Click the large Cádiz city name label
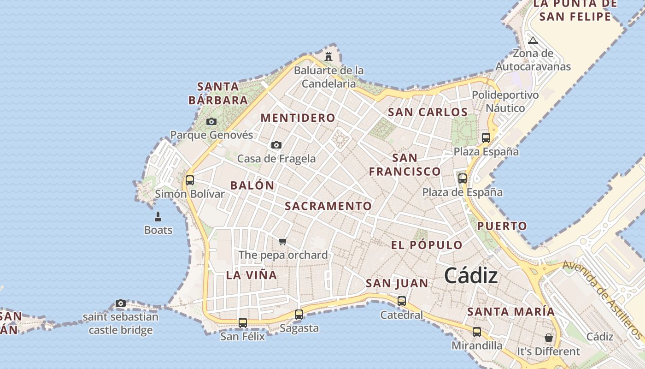point(471,276)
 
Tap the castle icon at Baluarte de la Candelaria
point(328,57)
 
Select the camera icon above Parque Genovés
point(211,122)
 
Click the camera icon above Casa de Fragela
point(276,145)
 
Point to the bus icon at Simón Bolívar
point(190,180)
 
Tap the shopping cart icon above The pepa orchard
point(283,241)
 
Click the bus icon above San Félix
point(243,323)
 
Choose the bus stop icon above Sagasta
point(299,315)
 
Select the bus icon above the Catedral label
point(402,301)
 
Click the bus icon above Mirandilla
point(477,332)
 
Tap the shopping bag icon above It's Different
point(548,338)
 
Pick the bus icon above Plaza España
point(486,137)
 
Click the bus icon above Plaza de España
point(463,179)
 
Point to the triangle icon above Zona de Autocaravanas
point(533,40)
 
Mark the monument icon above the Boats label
point(158,217)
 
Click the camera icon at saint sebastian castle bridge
point(121,303)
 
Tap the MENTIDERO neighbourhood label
point(298,118)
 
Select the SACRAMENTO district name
point(328,206)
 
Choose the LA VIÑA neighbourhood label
point(252,275)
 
